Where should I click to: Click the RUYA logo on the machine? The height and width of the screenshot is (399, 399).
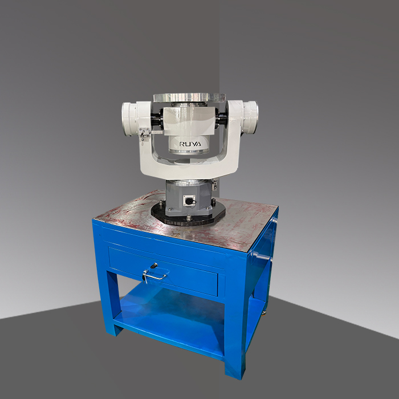tap(190, 144)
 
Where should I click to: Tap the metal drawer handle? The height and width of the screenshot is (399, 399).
tap(155, 275)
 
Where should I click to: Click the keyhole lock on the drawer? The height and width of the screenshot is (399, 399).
tap(154, 266)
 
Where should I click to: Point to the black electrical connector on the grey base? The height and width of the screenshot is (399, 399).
tap(189, 201)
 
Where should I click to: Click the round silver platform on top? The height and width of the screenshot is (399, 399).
tap(189, 97)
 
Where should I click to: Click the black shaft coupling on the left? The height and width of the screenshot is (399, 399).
tap(157, 118)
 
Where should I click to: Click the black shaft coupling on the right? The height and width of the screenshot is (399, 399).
tap(221, 116)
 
